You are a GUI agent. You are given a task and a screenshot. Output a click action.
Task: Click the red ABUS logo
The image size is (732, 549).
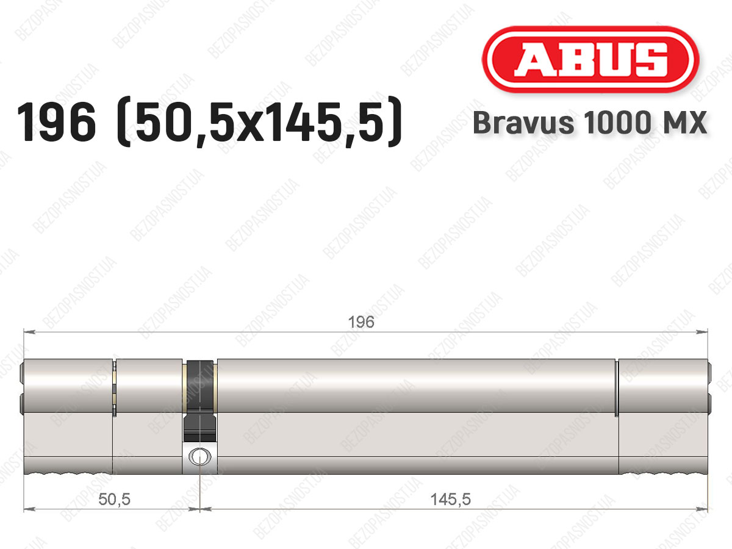590,60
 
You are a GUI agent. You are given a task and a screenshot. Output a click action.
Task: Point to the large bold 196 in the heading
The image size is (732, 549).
56,123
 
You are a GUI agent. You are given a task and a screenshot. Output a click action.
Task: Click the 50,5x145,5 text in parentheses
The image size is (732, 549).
260,123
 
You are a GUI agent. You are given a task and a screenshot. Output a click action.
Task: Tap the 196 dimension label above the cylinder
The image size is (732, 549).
361,322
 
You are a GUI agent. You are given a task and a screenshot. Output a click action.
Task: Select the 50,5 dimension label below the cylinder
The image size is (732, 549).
115,500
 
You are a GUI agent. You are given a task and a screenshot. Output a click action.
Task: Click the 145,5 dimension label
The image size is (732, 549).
451,500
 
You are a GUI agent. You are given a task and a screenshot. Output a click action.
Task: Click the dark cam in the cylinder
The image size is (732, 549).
199,400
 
